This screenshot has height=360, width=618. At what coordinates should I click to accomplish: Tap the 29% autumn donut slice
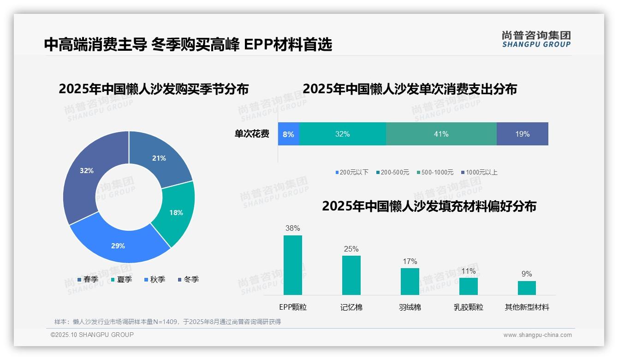(119, 245)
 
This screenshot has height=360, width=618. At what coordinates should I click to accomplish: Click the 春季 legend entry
(88, 279)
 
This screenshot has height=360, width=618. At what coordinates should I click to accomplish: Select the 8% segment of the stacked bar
(289, 134)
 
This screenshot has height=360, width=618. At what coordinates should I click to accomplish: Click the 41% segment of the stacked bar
(441, 134)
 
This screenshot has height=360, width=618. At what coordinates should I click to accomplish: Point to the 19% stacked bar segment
(522, 134)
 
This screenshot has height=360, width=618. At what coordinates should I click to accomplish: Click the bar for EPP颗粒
(293, 265)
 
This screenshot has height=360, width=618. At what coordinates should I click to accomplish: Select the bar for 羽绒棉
(410, 281)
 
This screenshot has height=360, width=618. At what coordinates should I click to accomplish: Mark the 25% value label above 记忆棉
(351, 249)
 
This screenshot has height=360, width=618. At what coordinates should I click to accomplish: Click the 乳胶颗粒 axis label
(468, 307)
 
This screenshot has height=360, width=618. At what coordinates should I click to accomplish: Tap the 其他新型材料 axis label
(527, 307)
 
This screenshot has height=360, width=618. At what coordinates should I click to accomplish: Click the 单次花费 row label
(252, 134)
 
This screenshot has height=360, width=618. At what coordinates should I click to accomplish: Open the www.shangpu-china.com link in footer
(537, 335)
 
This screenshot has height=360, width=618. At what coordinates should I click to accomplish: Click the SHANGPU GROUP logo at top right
(536, 39)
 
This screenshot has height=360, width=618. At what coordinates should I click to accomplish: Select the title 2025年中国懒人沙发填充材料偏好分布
(429, 206)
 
